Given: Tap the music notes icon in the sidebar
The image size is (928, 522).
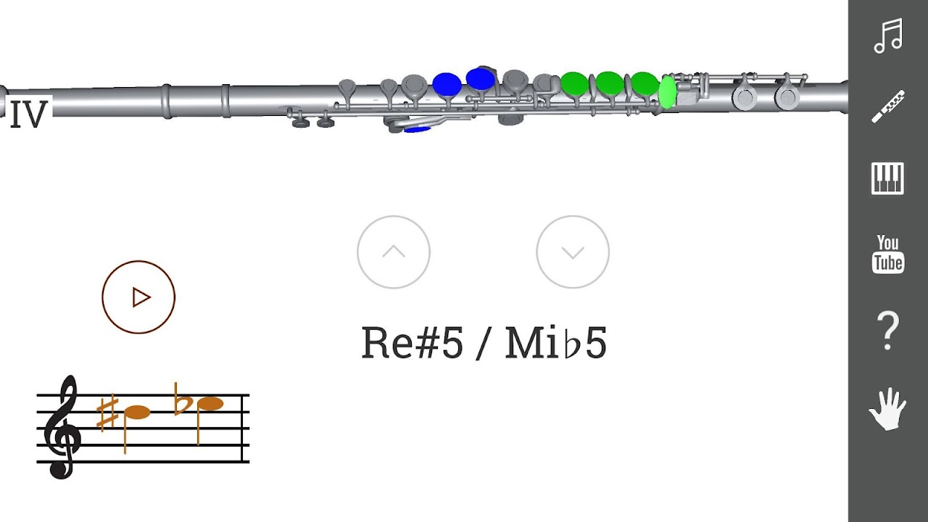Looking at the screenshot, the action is (x=888, y=36).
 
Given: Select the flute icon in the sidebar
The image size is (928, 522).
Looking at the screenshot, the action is (x=888, y=107).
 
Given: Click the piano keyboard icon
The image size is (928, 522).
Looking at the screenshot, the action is (x=887, y=178).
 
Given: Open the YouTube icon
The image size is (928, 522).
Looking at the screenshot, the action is (x=888, y=254).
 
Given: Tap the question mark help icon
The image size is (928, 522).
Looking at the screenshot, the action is (x=888, y=331).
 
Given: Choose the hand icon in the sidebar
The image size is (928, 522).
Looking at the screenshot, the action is (x=888, y=408).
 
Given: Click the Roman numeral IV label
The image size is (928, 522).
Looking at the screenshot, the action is (x=28, y=114).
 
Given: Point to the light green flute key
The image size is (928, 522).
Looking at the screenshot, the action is (x=667, y=92).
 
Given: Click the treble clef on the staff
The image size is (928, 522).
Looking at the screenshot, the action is (x=62, y=427).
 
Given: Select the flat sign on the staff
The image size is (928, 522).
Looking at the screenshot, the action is (x=182, y=399).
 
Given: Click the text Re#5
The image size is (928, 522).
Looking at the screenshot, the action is (x=412, y=343).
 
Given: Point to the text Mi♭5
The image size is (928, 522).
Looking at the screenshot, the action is (x=556, y=343).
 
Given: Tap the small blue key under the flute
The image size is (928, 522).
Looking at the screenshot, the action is (x=417, y=129).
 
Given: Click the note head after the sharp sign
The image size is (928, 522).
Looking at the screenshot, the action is (x=137, y=413).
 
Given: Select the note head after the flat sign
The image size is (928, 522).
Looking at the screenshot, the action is (x=210, y=404).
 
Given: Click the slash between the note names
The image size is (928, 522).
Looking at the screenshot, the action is (x=484, y=343).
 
